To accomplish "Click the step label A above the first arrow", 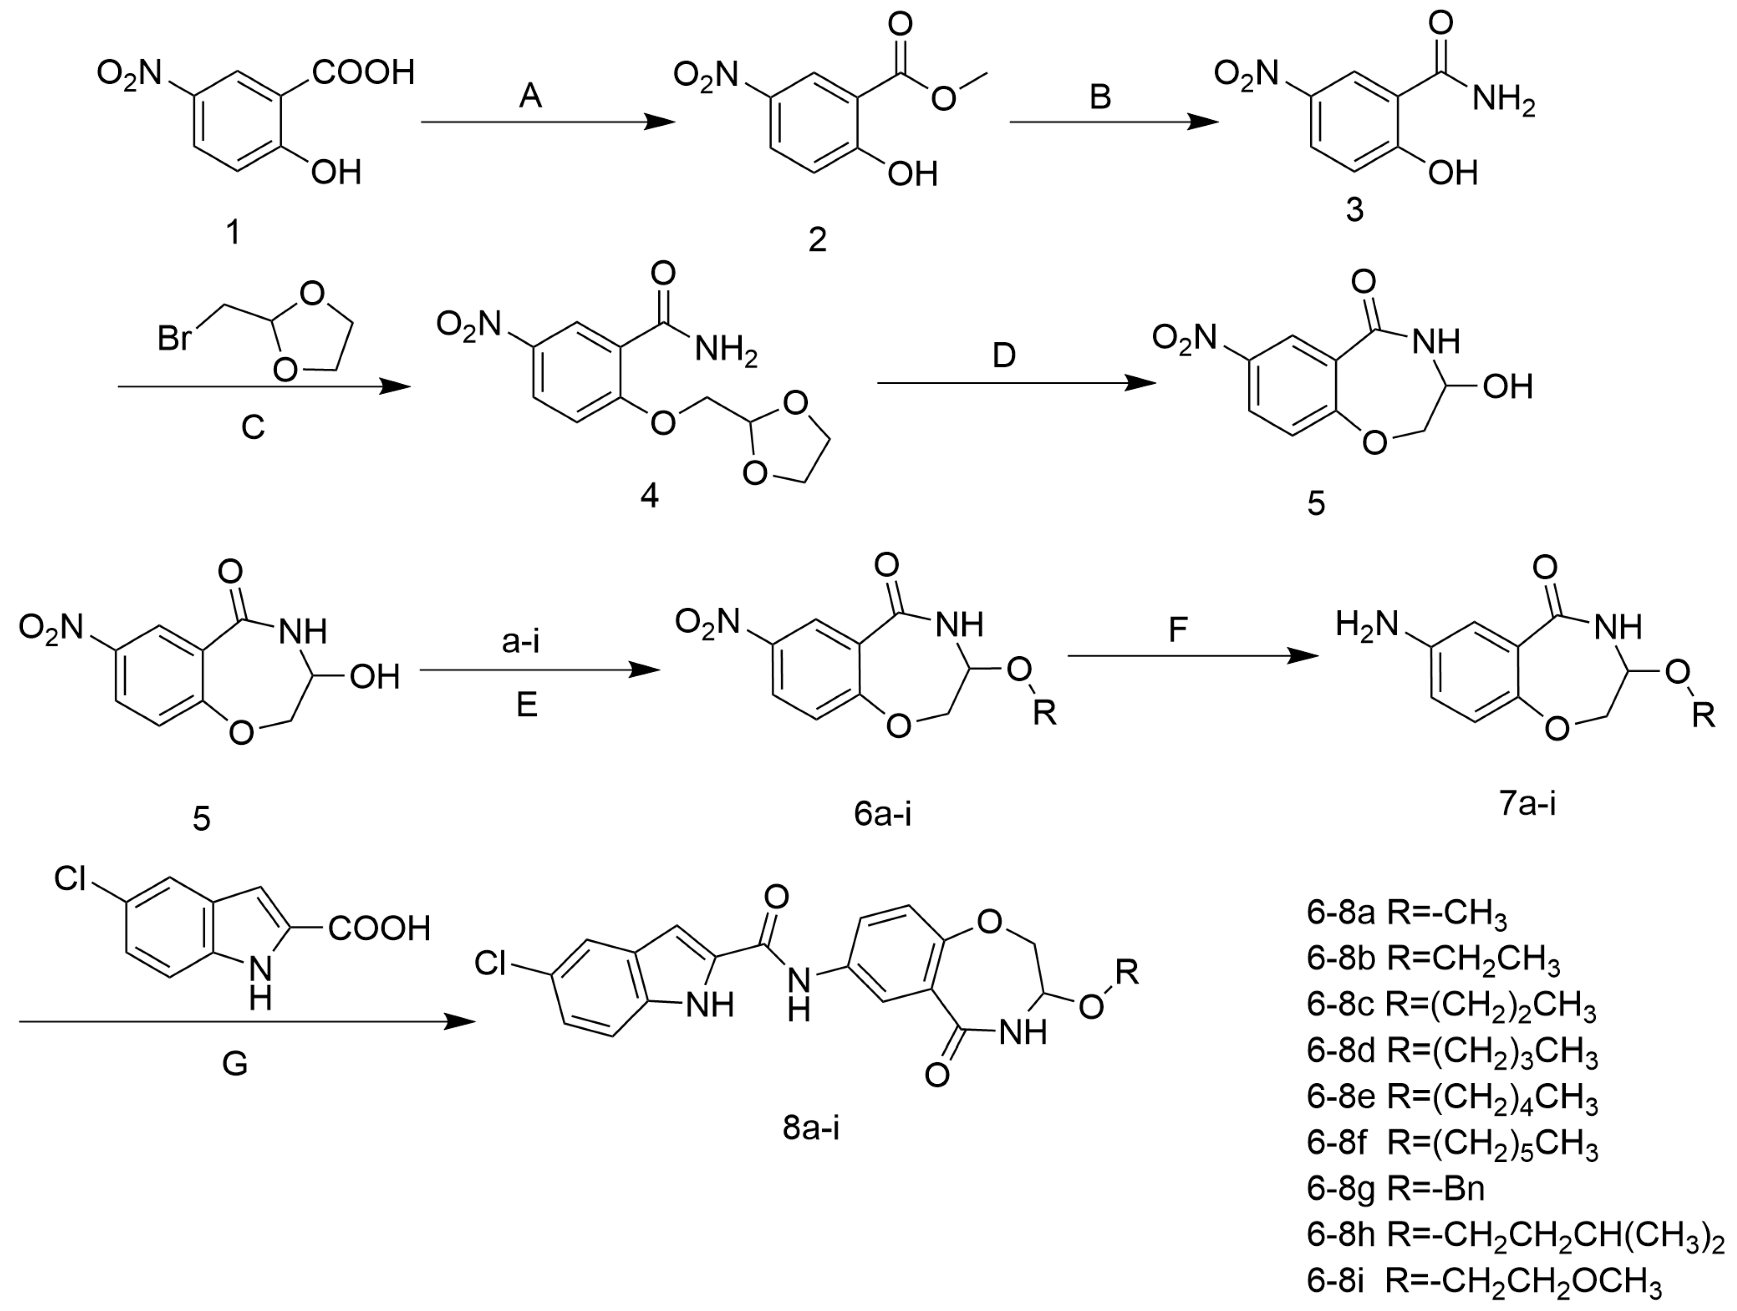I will click(531, 96).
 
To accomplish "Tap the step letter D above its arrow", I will click(1004, 356).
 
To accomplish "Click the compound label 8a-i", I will click(811, 1128).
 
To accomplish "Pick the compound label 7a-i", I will click(1527, 803).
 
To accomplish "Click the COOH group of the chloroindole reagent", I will click(379, 929).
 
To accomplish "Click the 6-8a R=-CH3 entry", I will click(1406, 914).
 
